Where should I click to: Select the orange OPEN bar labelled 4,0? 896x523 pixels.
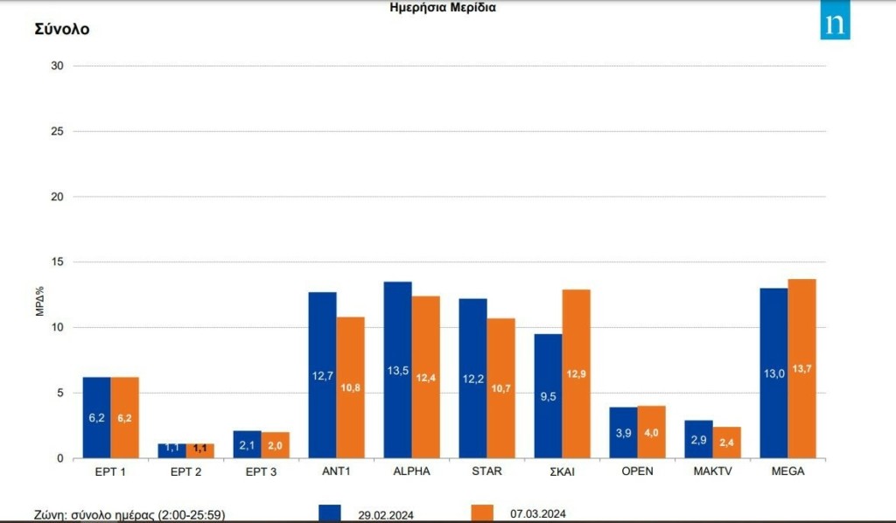coord(652,432)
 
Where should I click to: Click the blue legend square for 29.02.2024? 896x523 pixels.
coord(329,513)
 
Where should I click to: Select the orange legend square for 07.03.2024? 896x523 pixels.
coord(482,513)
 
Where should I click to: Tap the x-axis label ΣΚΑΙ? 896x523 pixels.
coord(562,472)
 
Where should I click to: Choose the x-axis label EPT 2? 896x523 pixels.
coord(185,472)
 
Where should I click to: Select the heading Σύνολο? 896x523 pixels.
coord(62,29)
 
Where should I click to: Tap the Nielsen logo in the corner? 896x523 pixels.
coord(835,24)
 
